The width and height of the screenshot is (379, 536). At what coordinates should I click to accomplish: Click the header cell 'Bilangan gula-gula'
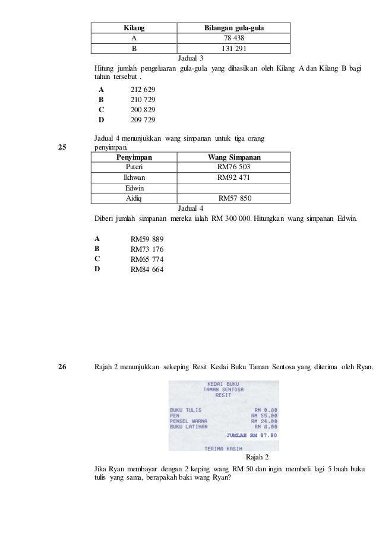coord(233,28)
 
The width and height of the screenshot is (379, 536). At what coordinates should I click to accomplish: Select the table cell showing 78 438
coord(233,39)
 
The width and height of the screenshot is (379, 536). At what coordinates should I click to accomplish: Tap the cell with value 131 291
coord(233,49)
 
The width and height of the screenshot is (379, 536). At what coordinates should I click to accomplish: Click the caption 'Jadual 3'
coord(191,58)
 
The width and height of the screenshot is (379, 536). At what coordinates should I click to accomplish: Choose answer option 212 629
coord(143,89)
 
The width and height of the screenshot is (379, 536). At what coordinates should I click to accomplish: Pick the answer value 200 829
coord(143,110)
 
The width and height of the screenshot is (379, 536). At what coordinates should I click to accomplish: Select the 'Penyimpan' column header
coord(134,157)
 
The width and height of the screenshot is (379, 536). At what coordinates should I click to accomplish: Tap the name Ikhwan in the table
coord(134,177)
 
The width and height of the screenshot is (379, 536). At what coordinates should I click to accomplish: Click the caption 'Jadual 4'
coord(191,208)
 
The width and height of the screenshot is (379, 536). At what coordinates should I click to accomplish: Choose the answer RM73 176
coord(147,249)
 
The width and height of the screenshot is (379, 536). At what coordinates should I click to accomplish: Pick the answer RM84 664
coord(147,269)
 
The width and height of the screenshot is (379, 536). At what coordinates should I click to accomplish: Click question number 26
coord(62,368)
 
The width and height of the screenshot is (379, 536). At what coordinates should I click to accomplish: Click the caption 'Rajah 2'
coord(257,457)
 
